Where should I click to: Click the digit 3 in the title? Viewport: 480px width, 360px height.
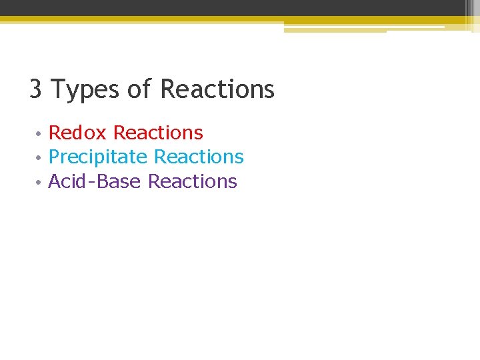(36, 89)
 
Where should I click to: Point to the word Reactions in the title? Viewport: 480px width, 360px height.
(217, 89)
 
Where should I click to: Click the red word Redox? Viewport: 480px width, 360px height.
(77, 133)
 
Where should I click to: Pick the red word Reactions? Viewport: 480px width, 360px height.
(158, 133)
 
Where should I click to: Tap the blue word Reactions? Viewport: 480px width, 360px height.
(199, 157)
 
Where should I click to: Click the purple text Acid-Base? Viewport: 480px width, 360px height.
(95, 181)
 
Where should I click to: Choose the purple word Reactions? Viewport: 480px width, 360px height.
(192, 181)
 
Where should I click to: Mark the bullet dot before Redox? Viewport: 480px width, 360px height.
(39, 134)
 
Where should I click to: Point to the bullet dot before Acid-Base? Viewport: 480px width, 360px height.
(39, 183)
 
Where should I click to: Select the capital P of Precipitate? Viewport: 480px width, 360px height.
(55, 157)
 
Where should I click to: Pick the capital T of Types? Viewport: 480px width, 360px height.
(58, 89)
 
